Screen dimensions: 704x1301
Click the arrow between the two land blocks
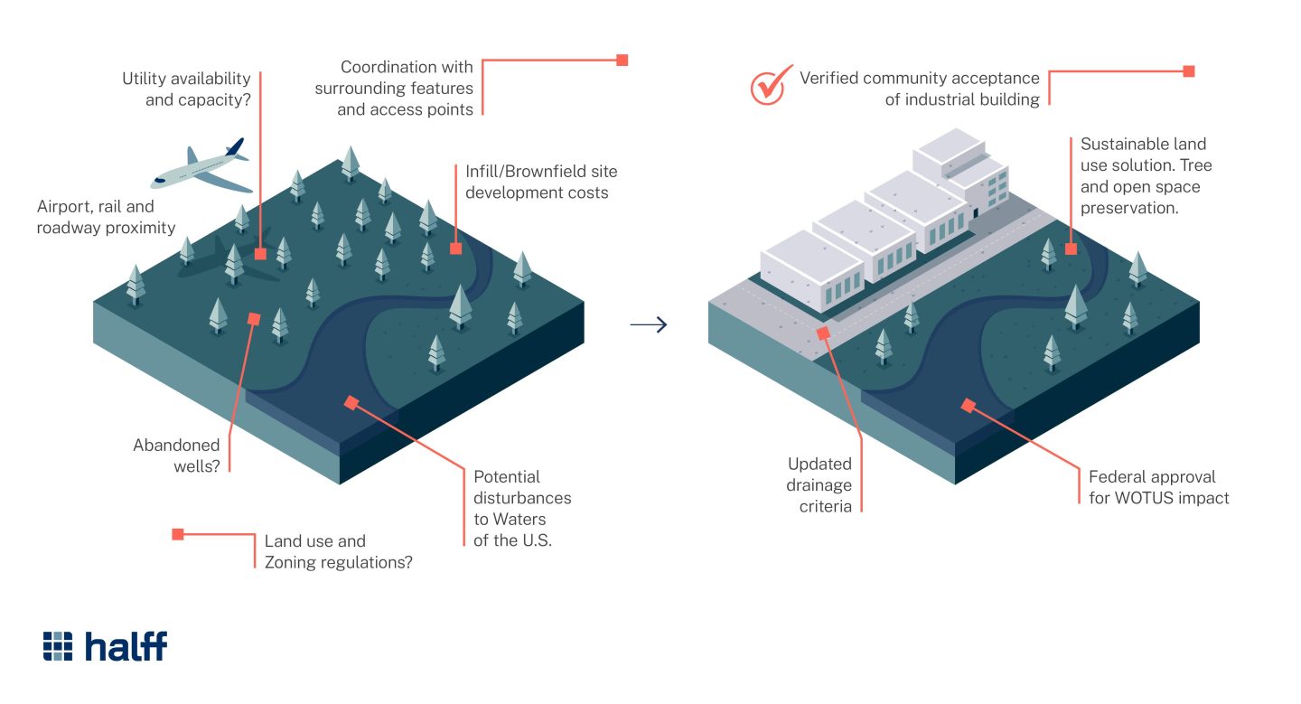[x=648, y=324]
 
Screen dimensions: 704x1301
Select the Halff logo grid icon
[x=58, y=646]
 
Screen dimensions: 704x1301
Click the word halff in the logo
[x=126, y=646]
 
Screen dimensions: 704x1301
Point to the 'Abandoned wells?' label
[x=176, y=455]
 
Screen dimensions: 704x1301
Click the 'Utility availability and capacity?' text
[x=186, y=89]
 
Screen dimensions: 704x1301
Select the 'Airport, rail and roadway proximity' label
[x=106, y=218]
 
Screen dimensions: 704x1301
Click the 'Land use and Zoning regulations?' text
[x=338, y=551]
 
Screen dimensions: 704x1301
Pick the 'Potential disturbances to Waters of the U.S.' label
[x=522, y=508]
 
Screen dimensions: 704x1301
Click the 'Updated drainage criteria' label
[x=819, y=484]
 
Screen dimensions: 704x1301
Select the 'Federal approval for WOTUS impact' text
[x=1158, y=486]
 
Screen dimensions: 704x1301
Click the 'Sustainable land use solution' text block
[x=1146, y=174]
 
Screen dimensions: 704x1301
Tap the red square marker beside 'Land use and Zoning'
[x=178, y=534]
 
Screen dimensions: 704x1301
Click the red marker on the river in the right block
[x=968, y=406]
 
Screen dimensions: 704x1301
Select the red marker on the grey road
[x=823, y=333]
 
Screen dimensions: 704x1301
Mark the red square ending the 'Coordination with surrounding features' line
[x=622, y=61]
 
